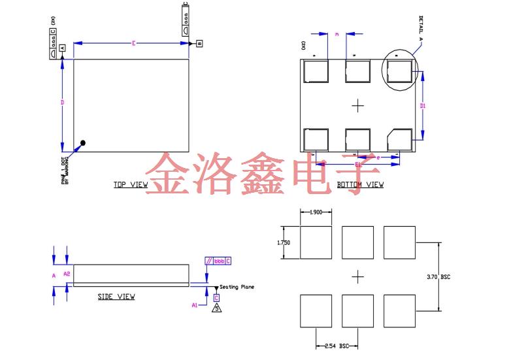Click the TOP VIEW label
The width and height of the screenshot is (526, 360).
pos(131,185)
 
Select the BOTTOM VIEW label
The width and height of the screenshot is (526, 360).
pos(360,185)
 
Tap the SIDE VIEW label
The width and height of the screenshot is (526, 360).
pos(116,297)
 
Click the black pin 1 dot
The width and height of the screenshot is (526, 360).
pos(83,143)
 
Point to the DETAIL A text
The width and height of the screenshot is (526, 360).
pos(421,27)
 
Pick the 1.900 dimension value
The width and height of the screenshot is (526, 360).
pos(316,212)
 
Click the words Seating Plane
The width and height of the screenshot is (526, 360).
pos(237,287)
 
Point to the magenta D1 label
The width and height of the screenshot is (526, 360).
pos(423,105)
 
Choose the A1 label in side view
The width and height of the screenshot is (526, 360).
pos(194,305)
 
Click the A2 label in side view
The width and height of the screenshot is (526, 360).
pos(67,273)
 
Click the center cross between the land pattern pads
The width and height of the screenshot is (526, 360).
pos(357,277)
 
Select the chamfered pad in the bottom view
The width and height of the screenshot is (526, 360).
pos(399,139)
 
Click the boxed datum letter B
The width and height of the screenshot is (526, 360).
pos(199,44)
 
